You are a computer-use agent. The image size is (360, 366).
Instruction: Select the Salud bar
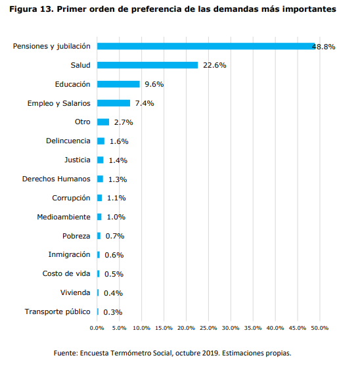(147, 65)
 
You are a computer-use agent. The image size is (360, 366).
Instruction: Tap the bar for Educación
(118, 84)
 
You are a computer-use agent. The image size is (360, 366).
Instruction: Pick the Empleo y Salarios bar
(113, 103)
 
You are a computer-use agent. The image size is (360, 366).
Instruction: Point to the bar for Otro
(102, 122)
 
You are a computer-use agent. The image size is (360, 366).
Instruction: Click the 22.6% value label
(214, 65)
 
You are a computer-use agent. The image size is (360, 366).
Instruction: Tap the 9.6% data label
(154, 84)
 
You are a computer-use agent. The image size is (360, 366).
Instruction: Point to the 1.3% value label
(117, 179)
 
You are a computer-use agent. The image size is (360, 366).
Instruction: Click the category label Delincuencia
(68, 141)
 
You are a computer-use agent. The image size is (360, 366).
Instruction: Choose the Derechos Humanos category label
(56, 179)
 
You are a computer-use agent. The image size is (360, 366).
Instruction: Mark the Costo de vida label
(64, 273)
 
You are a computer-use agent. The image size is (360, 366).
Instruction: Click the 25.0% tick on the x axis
(208, 327)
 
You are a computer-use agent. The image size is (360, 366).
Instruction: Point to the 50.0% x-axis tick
(319, 327)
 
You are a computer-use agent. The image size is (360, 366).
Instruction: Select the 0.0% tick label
(97, 327)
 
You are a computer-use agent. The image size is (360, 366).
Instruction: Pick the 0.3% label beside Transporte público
(113, 312)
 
